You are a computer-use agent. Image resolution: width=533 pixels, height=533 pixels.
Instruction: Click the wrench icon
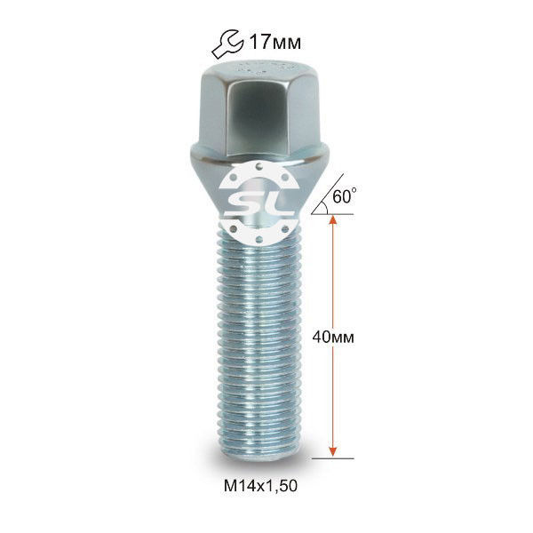[x=227, y=44]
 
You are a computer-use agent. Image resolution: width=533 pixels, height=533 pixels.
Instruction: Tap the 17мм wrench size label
[x=275, y=43]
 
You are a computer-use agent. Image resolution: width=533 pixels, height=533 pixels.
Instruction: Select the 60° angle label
[x=345, y=196]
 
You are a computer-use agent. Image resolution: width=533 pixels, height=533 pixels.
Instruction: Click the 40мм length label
[x=333, y=337]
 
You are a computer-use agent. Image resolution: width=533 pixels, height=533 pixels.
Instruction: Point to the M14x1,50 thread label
[x=260, y=485]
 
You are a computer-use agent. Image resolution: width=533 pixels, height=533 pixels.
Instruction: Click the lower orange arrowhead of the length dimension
[x=333, y=451]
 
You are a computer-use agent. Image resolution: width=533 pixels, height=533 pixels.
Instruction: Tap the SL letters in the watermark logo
[x=259, y=204]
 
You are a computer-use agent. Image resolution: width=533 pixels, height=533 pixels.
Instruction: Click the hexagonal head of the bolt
[x=259, y=108]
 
